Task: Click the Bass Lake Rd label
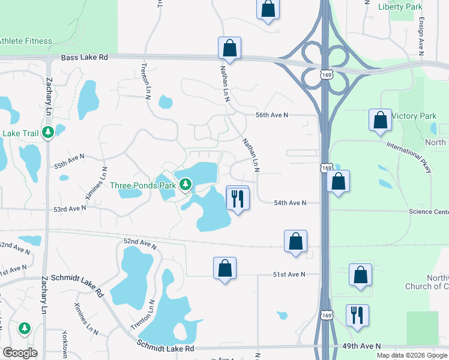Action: [85, 57]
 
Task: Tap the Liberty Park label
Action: [400, 7]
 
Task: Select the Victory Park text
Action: [413, 115]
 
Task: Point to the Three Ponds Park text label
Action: [143, 185]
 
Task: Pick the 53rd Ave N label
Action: [70, 209]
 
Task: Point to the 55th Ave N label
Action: [69, 161]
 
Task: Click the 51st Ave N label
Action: [289, 274]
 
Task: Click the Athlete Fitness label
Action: [25, 41]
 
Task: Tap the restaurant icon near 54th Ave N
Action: [237, 198]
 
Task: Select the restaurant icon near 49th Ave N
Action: [357, 315]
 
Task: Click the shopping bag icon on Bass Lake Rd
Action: [229, 47]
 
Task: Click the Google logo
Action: [20, 353]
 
